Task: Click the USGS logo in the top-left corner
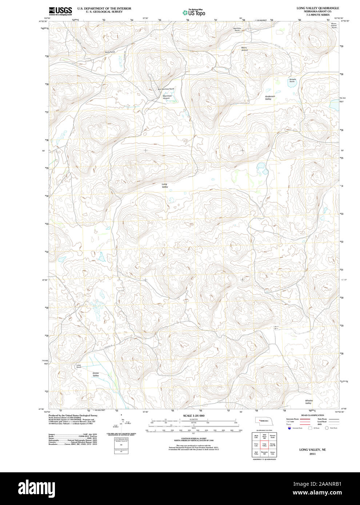coord(60,10)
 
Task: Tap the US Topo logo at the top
coord(194,12)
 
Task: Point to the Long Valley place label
coord(165,186)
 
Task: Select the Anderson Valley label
coord(268,98)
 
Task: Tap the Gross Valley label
coord(96,374)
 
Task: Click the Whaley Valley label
coord(308,402)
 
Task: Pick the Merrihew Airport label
coord(166,97)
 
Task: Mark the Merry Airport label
coord(244,49)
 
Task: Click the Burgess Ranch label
coord(292,80)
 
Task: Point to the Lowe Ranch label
coord(79,366)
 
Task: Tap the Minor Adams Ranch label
coord(333,25)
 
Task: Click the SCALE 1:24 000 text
coord(193,416)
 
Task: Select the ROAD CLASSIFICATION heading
coord(312,415)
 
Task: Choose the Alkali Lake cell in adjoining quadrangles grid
coord(256,436)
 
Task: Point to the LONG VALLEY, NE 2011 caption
coord(312,452)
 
